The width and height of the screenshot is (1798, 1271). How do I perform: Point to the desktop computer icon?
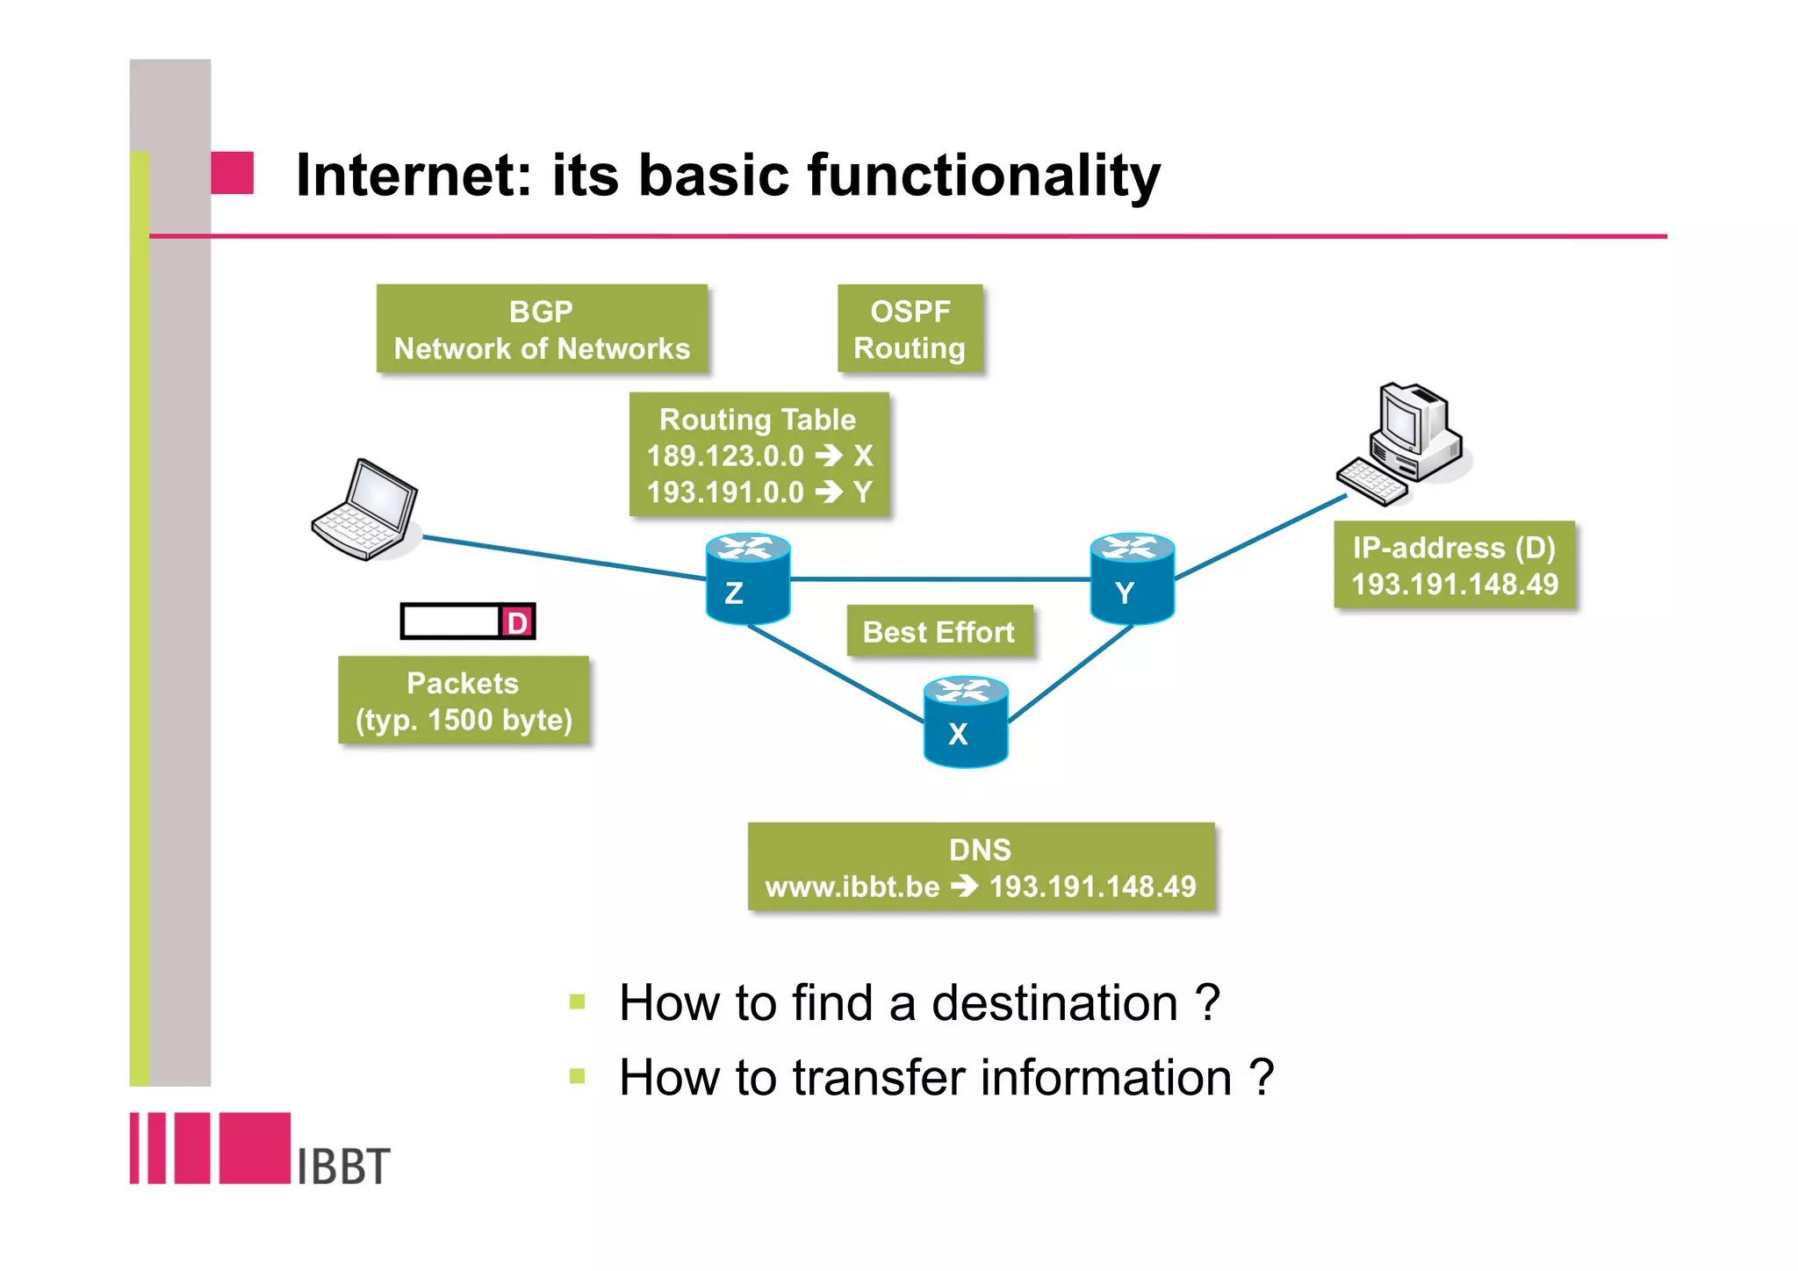click(1405, 443)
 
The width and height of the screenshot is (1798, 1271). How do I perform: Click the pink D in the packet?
click(517, 622)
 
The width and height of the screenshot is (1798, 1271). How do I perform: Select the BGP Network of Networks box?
click(542, 329)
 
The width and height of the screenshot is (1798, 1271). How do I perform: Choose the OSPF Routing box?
click(910, 329)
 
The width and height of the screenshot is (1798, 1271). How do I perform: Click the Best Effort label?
click(939, 631)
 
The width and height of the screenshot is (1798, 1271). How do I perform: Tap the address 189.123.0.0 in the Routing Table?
click(725, 456)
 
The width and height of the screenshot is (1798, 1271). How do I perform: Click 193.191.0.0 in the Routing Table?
click(725, 492)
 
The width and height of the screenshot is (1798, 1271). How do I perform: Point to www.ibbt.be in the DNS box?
click(852, 887)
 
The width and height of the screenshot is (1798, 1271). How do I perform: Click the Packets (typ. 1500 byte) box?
click(463, 700)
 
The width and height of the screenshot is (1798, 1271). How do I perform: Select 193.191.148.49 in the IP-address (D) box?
click(1455, 584)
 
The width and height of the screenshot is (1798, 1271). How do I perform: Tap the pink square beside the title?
click(233, 173)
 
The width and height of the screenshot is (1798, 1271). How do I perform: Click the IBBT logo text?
click(343, 1166)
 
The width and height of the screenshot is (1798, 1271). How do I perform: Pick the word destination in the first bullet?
click(1054, 1002)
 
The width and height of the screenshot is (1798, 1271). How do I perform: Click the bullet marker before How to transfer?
click(577, 1076)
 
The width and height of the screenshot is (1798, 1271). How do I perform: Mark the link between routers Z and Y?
click(939, 579)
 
